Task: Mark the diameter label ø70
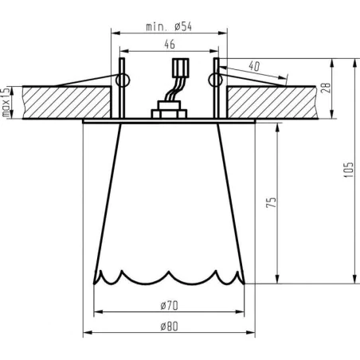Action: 168,305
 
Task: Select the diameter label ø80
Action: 168,326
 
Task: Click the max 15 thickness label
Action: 6,101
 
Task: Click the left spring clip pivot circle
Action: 123,80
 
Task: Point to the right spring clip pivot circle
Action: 213,79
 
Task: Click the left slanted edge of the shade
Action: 108,199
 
